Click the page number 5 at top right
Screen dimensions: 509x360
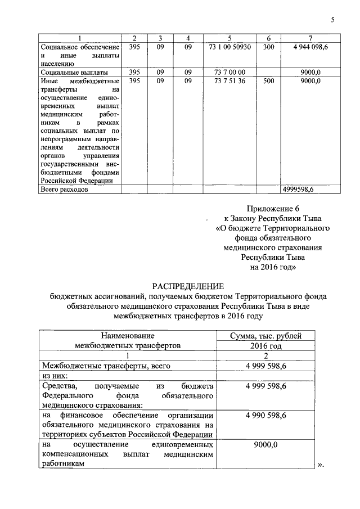coord(332,20)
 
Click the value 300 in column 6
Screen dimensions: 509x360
coord(268,47)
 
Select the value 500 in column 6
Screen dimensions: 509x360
coord(268,82)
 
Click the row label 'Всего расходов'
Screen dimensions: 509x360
coord(63,190)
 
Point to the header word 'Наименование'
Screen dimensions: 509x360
coord(128,336)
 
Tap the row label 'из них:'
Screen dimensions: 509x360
coord(55,376)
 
